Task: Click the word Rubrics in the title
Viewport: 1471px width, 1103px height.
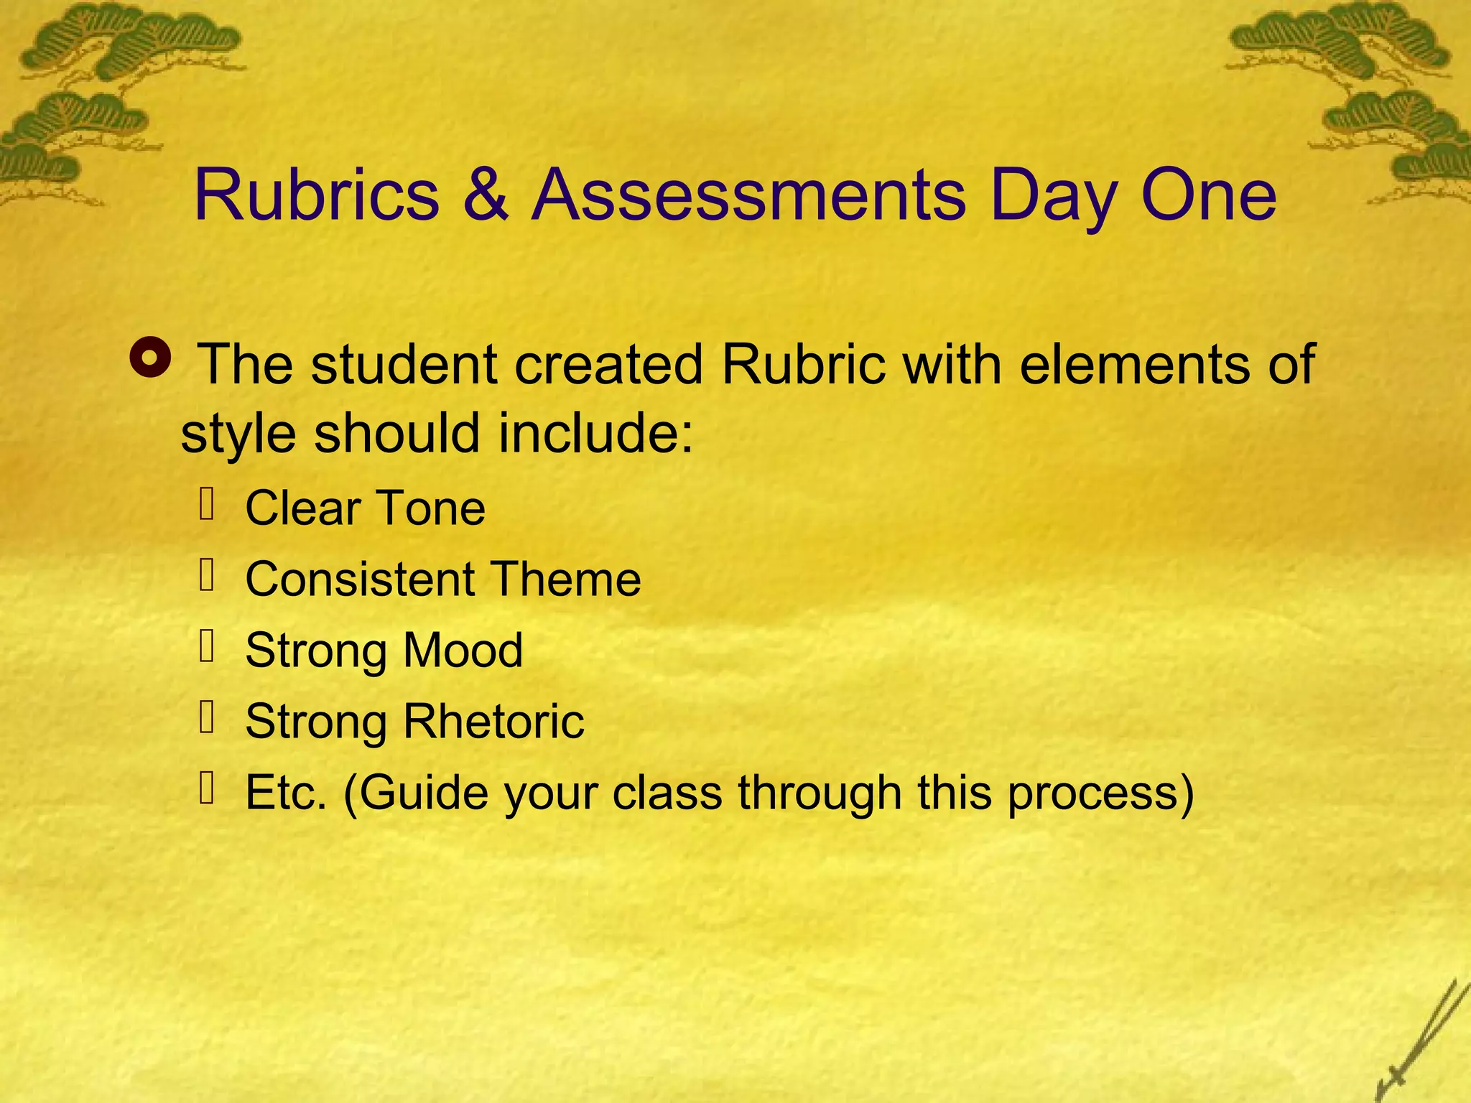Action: point(317,195)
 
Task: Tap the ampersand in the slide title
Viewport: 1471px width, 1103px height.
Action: point(486,195)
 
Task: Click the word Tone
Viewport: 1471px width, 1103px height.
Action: point(430,508)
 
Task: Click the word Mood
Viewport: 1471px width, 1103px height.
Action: point(463,650)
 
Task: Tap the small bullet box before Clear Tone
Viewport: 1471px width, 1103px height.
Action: point(208,503)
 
